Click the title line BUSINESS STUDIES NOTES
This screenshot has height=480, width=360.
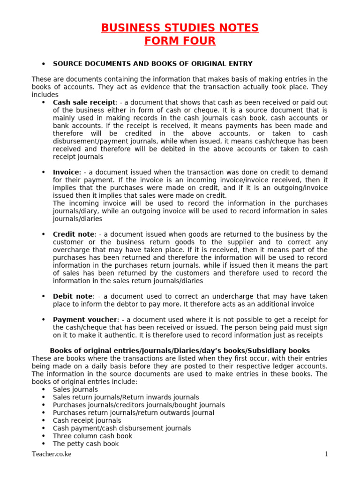[x=180, y=28]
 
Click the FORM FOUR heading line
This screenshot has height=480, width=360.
[x=180, y=41]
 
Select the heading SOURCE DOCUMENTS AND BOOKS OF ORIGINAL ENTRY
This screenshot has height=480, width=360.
[x=152, y=64]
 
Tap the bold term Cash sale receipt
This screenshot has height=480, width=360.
[x=84, y=102]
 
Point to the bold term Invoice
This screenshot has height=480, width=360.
[x=66, y=172]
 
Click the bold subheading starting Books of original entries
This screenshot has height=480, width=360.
[x=180, y=351]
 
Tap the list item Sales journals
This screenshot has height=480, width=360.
[x=75, y=390]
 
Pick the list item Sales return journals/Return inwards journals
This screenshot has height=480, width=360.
[x=126, y=397]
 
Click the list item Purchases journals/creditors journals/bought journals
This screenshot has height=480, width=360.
[x=139, y=405]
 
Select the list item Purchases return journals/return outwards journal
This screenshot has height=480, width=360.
[x=134, y=413]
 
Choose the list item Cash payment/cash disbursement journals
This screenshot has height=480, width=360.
[x=122, y=428]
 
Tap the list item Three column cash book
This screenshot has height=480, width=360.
[x=92, y=436]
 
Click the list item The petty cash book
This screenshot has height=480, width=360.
[x=86, y=444]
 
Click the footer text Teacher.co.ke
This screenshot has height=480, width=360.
[x=52, y=454]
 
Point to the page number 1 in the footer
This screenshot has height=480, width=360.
[x=326, y=454]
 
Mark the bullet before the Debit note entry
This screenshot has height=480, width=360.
[x=43, y=297]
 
